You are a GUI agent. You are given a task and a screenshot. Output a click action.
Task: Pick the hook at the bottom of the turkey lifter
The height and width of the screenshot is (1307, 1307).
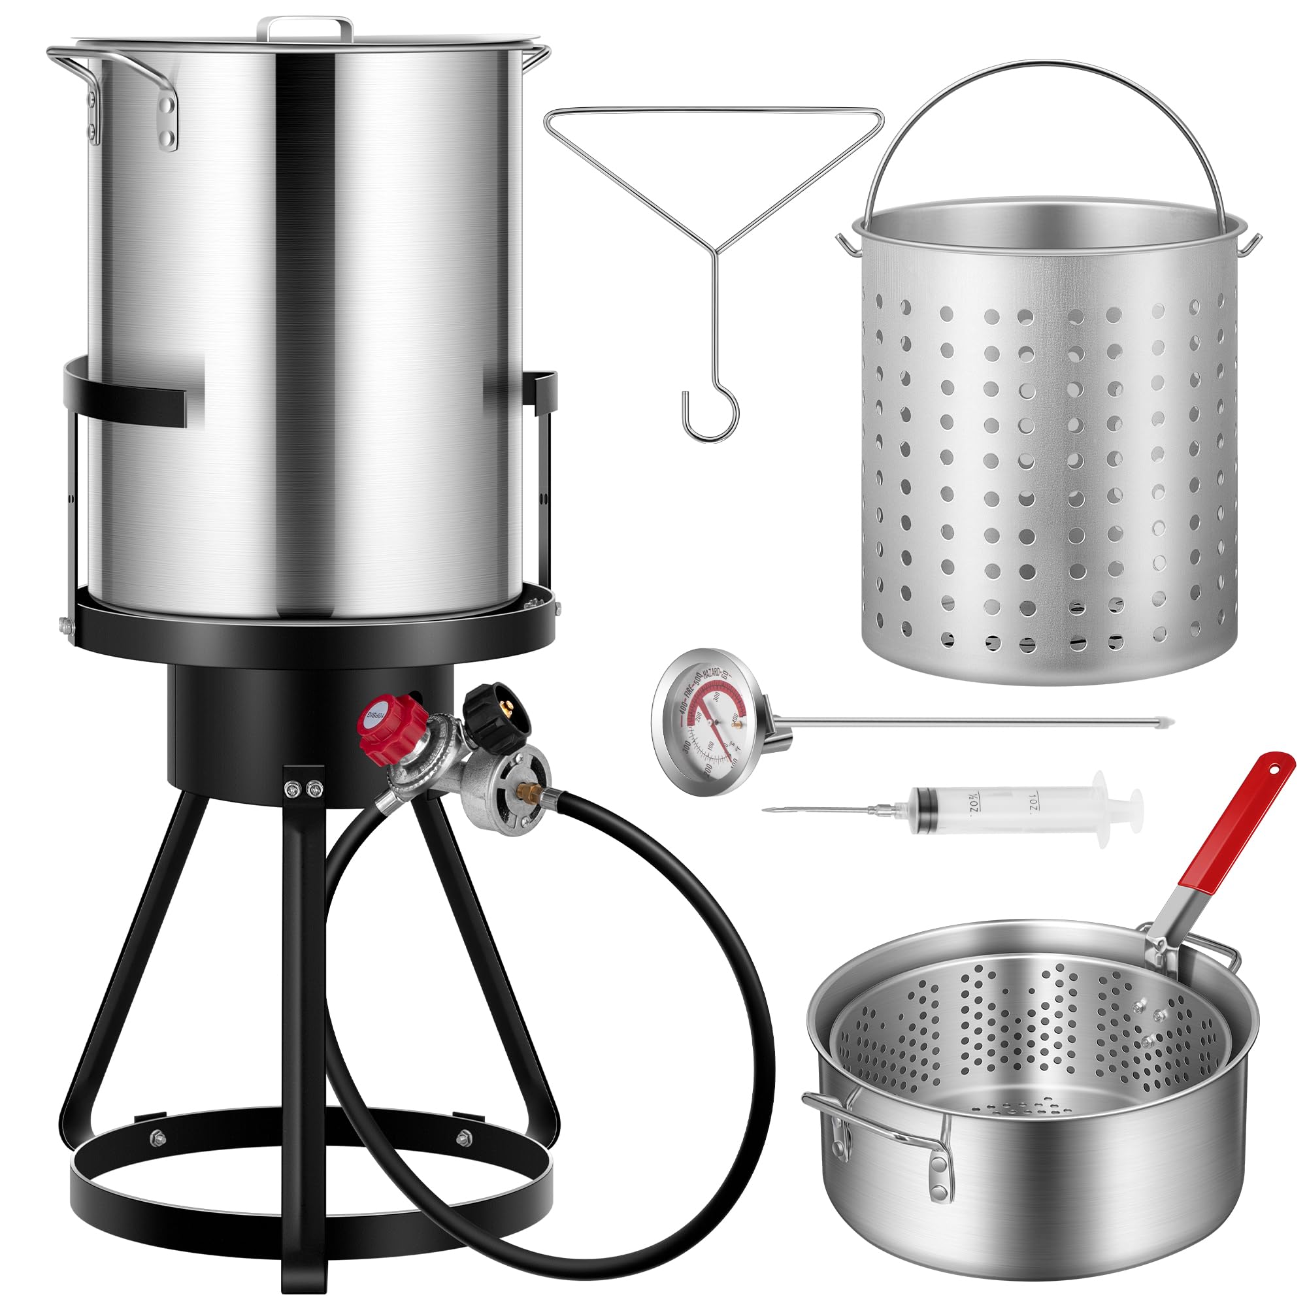(710, 412)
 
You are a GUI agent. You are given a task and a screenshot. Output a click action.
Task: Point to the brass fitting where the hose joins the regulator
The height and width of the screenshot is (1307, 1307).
(530, 789)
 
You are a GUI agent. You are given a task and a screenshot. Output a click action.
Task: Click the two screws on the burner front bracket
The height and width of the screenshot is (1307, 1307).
(302, 788)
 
